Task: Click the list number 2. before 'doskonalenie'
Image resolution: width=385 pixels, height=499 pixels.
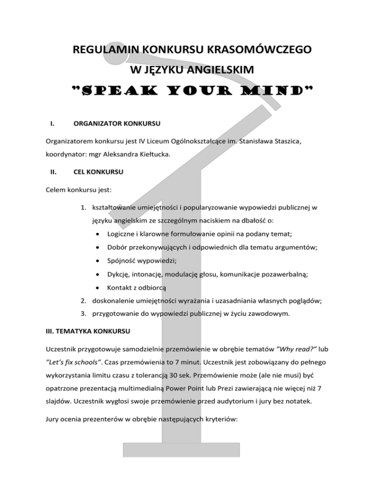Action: [x=86, y=301]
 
